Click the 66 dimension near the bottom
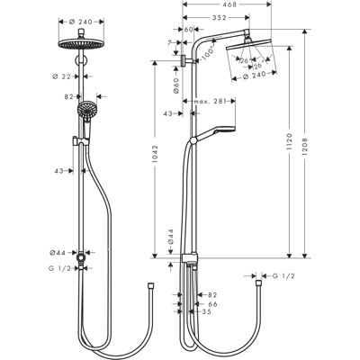coord(212,304)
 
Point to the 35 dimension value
coord(207,312)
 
